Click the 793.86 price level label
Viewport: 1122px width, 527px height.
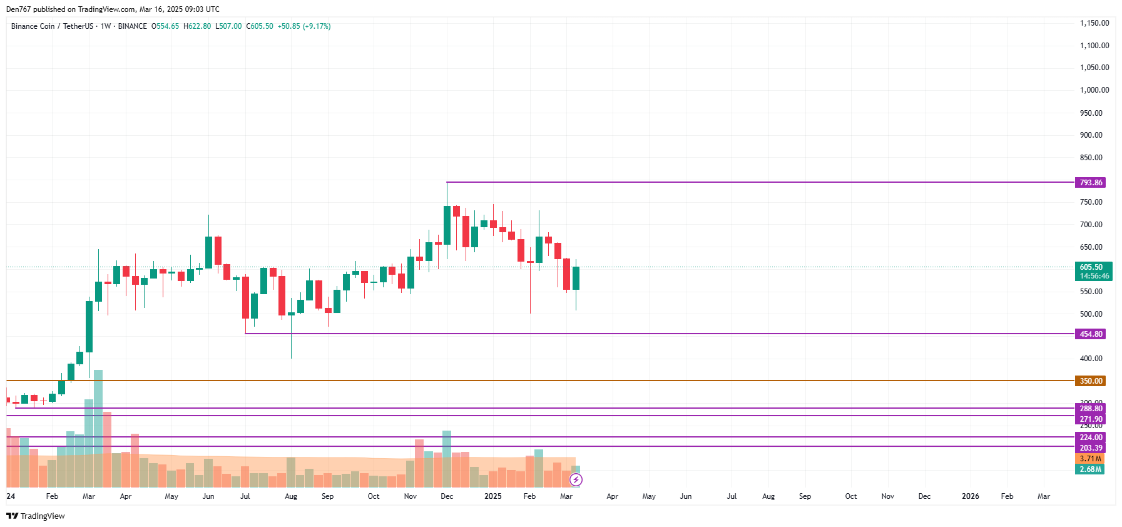click(1090, 183)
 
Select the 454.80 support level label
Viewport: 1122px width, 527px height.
click(1090, 334)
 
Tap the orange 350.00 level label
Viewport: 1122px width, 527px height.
click(1090, 381)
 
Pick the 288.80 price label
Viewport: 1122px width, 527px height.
click(1090, 409)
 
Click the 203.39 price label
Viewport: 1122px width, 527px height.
click(1090, 448)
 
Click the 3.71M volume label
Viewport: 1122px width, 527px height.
click(1090, 459)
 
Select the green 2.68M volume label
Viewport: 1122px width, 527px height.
click(1090, 469)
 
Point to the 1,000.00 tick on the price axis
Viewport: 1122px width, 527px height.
click(1094, 90)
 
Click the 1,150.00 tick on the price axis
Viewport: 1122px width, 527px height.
click(1094, 23)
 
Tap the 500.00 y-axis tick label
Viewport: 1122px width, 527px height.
click(1091, 314)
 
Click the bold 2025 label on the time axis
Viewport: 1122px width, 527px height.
click(492, 496)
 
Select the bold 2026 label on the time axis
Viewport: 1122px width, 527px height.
click(970, 496)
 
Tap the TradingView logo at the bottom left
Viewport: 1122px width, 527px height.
click(36, 516)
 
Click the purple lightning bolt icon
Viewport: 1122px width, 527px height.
click(576, 480)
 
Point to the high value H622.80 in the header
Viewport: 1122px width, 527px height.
click(197, 26)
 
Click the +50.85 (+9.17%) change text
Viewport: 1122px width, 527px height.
click(304, 26)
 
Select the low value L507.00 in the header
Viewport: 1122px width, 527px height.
click(228, 26)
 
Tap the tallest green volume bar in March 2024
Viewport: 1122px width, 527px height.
click(98, 428)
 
